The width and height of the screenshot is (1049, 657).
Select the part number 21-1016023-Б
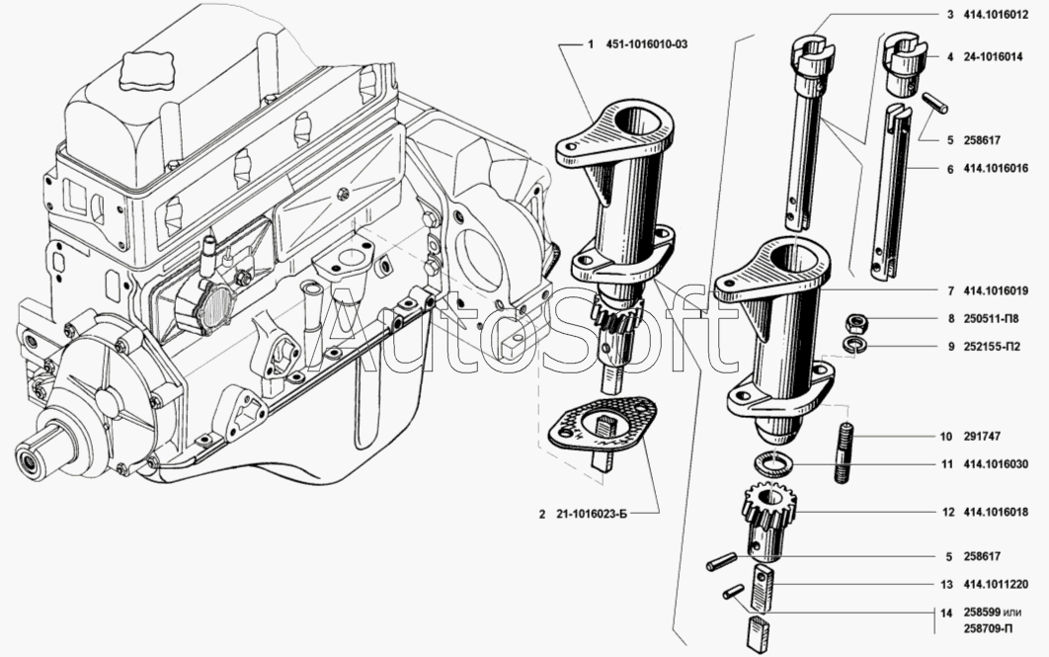(592, 514)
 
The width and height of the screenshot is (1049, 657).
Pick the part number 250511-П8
(993, 319)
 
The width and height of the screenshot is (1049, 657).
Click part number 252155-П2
(993, 347)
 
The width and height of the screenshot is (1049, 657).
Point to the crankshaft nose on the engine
(35, 456)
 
